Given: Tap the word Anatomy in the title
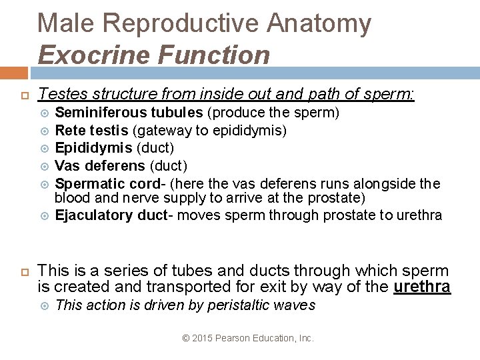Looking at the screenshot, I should coord(319,23).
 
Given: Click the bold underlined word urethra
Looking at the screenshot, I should coord(422,287).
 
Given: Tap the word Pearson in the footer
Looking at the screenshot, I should coord(233,339).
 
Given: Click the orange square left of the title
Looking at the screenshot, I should coord(14,73).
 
